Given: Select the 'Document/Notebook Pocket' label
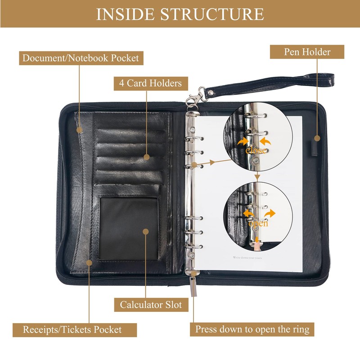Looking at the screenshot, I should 81,58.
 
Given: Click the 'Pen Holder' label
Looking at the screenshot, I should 307,52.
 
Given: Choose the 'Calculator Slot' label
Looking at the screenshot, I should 151,305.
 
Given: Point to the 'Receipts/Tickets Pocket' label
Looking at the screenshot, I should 72,329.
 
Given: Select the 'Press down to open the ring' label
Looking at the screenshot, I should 252,329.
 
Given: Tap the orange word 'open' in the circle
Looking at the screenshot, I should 257,223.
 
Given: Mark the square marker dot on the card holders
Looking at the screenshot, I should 146,157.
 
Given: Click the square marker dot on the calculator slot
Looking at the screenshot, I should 145,231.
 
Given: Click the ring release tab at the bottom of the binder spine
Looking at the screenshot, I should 193,273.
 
